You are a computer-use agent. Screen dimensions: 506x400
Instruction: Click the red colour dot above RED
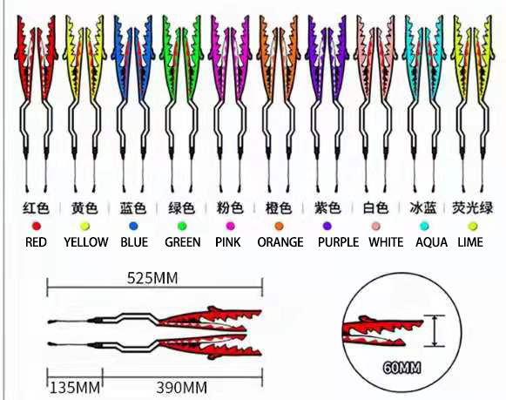tap(37, 226)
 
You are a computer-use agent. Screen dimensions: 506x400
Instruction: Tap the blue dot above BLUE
tap(133, 226)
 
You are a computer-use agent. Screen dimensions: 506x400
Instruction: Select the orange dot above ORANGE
tap(280, 226)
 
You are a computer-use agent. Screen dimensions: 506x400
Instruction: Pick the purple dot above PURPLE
tap(327, 226)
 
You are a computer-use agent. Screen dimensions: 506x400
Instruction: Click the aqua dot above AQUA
tap(424, 226)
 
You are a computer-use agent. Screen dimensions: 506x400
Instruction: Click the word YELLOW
tap(86, 242)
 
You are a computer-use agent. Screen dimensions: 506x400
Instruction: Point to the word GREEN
tap(183, 242)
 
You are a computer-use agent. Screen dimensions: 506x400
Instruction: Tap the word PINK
tap(228, 242)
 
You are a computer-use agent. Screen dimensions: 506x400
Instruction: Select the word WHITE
tap(386, 242)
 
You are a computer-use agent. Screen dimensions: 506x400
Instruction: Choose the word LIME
tap(470, 242)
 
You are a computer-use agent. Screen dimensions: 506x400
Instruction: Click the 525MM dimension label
tap(152, 278)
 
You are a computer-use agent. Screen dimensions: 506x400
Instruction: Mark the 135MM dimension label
tap(75, 388)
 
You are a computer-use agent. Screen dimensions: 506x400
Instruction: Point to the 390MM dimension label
tap(182, 388)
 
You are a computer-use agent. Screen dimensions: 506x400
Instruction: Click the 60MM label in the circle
tap(401, 368)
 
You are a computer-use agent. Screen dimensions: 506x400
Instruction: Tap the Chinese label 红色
tap(37, 208)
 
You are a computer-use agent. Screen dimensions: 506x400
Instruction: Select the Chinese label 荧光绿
tap(473, 208)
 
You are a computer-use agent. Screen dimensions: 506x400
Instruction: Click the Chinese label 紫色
tap(327, 208)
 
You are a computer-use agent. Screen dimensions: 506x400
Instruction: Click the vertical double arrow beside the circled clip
tap(435, 331)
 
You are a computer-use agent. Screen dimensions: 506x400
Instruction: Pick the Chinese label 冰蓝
tap(423, 208)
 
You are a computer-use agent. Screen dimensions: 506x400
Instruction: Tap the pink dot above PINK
tap(231, 226)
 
